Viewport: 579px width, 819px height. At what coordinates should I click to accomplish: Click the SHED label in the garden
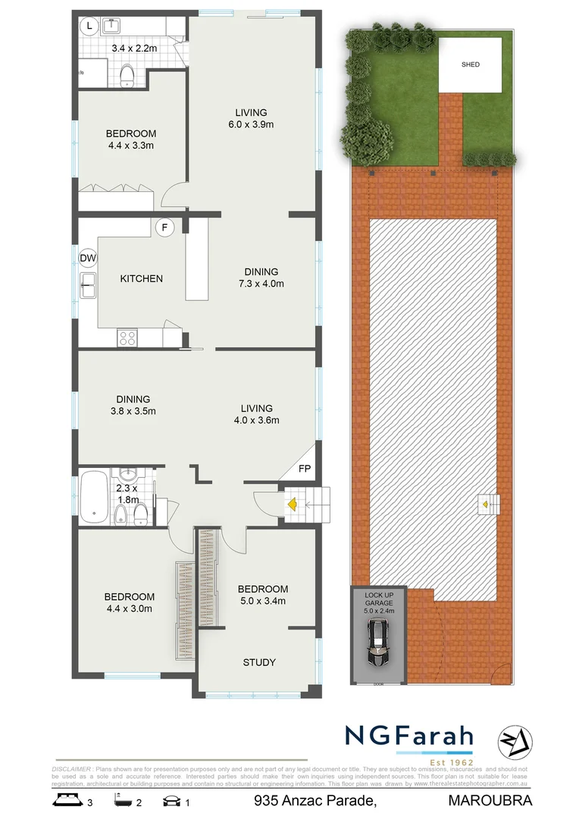pos(471,64)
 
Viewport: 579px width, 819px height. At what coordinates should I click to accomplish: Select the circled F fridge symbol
pos(162,226)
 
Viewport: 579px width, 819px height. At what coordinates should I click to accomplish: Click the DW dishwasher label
pos(88,258)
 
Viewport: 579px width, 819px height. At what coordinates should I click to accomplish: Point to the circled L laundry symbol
pos(89,27)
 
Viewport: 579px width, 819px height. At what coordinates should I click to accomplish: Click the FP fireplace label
pos(305,469)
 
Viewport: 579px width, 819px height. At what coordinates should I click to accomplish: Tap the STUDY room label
pos(259,662)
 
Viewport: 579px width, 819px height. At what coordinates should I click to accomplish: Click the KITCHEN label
pos(142,278)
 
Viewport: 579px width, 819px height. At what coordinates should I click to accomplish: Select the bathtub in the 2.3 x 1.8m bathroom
pos(94,497)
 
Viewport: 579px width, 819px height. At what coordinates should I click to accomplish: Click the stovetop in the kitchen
pos(127,338)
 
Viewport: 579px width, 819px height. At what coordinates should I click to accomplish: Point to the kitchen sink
pos(89,286)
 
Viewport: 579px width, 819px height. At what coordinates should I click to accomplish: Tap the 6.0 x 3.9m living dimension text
pos(251,125)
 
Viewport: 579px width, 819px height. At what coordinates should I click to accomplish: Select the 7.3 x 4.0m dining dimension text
pos(261,284)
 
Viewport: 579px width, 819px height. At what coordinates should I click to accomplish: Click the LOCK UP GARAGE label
pos(378,598)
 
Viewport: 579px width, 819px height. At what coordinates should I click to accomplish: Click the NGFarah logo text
pos(409,736)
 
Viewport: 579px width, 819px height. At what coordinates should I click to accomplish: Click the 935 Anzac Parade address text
pos(315,801)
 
